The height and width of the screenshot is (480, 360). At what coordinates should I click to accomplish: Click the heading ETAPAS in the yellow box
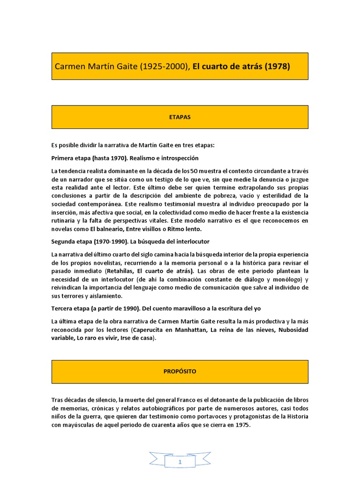[x=180, y=117]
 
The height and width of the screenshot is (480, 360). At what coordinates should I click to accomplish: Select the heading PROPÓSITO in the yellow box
[x=180, y=371]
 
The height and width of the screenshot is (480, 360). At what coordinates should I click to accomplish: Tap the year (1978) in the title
[x=277, y=67]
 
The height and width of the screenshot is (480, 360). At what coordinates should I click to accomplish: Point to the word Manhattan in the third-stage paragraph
[x=190, y=330]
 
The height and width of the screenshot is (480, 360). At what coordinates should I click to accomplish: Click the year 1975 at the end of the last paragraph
[x=243, y=425]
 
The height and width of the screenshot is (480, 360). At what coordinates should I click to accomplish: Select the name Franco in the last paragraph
[x=174, y=400]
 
